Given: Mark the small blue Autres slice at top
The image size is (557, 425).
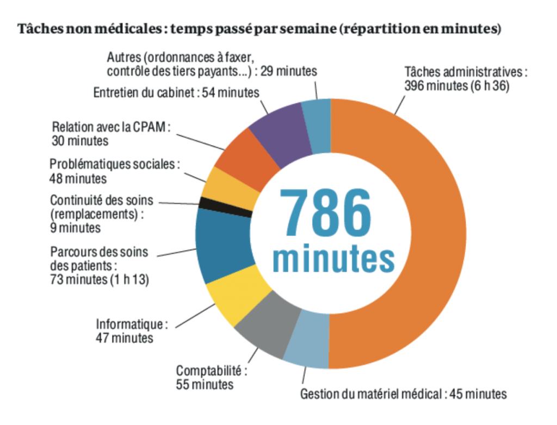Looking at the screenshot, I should (317, 125).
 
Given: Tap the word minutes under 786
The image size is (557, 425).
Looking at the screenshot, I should (333, 259).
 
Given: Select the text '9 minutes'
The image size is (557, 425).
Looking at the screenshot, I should (75, 228).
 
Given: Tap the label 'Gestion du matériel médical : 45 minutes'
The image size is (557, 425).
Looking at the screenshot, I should (403, 394).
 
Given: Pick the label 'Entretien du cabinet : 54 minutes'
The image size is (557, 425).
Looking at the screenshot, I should (176, 93).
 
